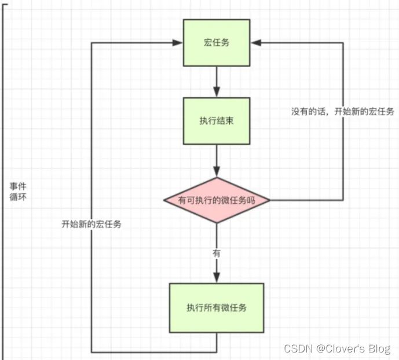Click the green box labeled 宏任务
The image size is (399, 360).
point(217,42)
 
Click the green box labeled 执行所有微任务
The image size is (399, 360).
point(217,307)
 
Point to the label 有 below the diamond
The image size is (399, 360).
point(217,253)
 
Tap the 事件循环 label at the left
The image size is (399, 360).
point(17,192)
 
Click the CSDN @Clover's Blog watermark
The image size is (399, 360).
point(337,348)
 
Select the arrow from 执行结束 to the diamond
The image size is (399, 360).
point(217,162)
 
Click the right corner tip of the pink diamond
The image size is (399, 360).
point(270,201)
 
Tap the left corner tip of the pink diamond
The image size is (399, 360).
point(164,201)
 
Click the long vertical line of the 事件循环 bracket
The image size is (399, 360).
point(3,174)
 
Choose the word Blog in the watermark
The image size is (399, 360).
point(379,348)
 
